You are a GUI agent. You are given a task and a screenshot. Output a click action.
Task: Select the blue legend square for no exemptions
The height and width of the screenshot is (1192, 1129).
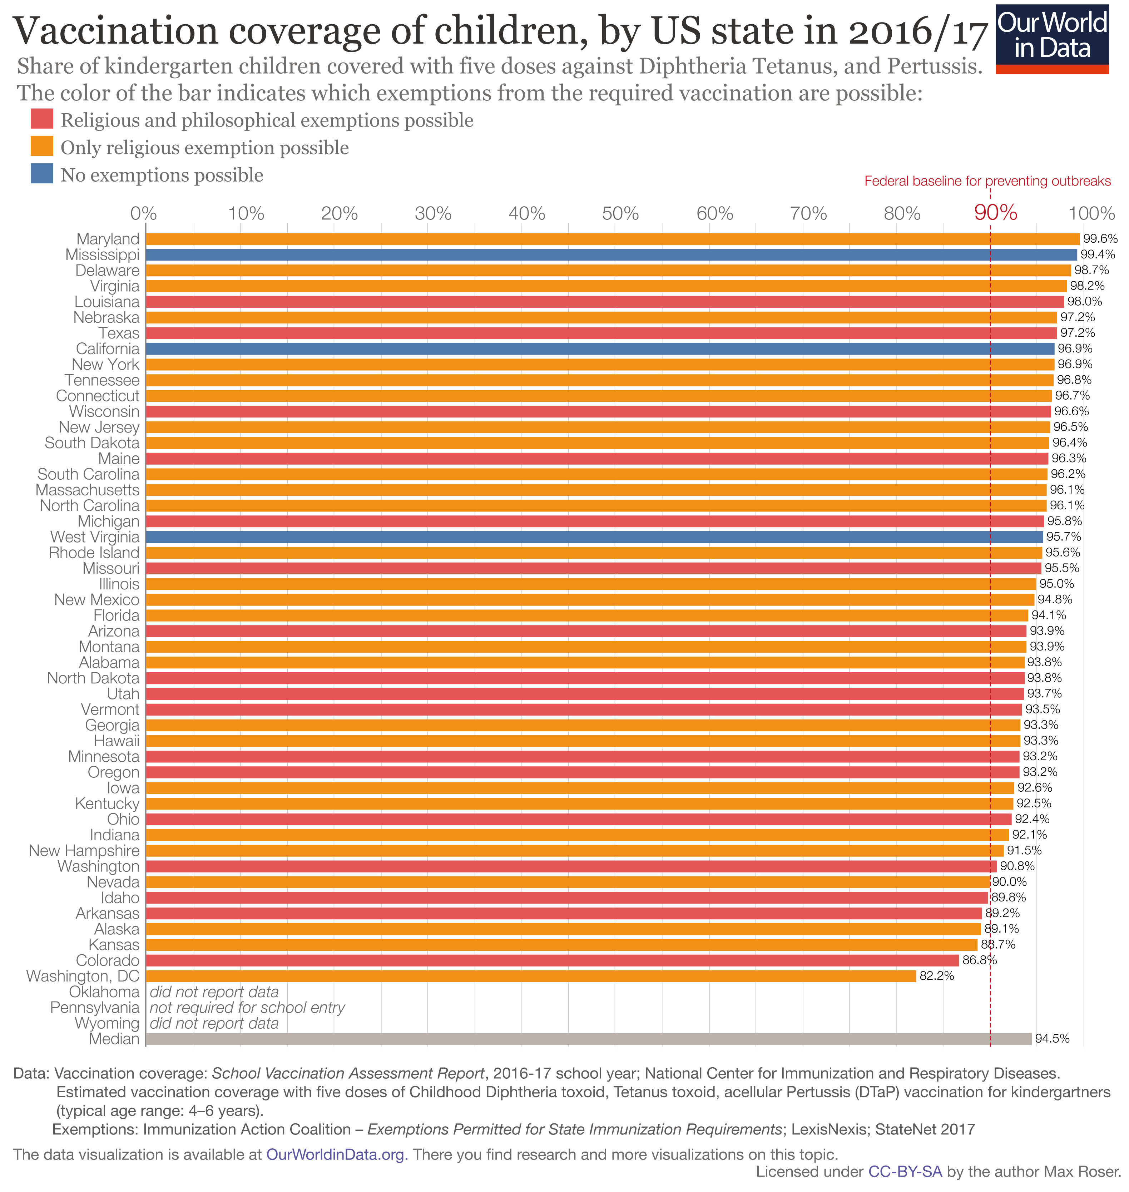[42, 174]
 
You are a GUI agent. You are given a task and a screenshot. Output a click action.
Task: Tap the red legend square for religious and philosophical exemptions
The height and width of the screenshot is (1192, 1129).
[42, 119]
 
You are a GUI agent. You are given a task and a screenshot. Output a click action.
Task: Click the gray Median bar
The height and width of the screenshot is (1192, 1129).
[589, 1039]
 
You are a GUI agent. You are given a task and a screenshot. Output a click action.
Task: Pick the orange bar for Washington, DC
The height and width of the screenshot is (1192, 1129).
[531, 976]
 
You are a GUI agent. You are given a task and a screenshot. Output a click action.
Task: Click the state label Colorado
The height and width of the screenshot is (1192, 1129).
[108, 960]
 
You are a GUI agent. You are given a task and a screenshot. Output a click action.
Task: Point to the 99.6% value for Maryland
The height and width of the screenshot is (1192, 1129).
[1100, 239]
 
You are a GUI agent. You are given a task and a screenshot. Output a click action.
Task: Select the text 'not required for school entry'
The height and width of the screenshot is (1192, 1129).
[247, 1007]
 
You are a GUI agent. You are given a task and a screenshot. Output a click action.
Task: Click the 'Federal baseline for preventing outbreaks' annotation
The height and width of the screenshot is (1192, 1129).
[987, 181]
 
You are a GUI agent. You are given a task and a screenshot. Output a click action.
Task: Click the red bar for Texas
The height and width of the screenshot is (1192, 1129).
[601, 333]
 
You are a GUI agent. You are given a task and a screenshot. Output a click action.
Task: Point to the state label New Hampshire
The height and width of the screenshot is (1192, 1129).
[84, 851]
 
